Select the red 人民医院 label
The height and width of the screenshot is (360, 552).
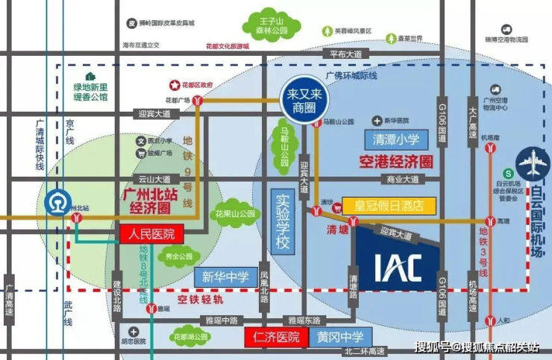click(152, 233)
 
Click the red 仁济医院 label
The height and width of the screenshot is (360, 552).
click(276, 337)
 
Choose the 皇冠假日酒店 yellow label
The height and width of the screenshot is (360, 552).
click(388, 204)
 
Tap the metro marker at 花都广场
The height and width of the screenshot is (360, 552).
click(197, 100)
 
